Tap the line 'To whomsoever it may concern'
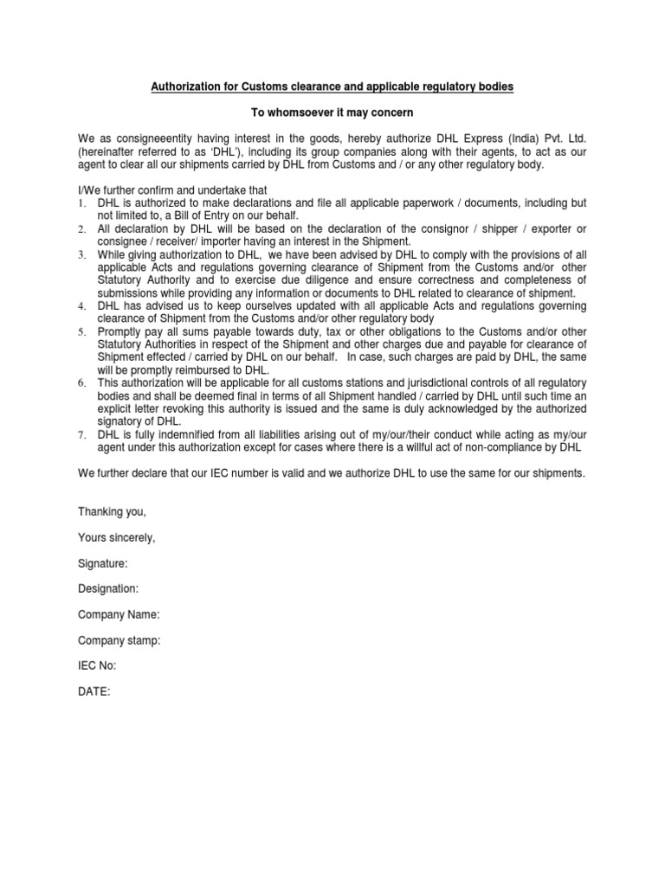(x=332, y=113)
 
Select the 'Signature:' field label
(x=103, y=563)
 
